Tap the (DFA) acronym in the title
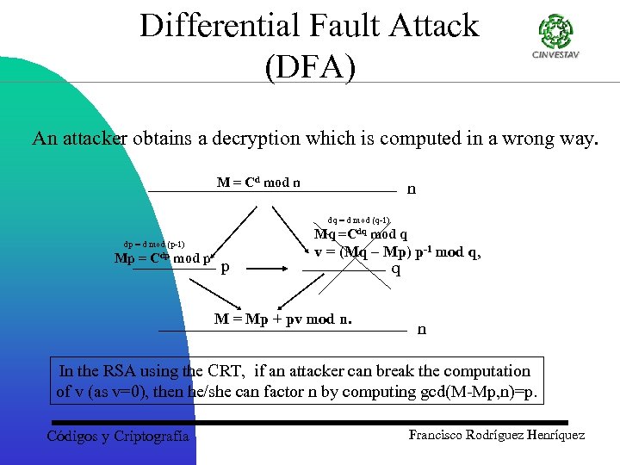pyautogui.click(x=310, y=67)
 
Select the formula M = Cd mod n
pyautogui.click(x=258, y=183)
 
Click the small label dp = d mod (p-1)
pyautogui.click(x=154, y=244)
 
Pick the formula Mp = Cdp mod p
pyautogui.click(x=164, y=258)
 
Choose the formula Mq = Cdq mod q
pyautogui.click(x=361, y=234)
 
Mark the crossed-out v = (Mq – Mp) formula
pyautogui.click(x=397, y=252)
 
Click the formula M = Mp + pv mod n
pyautogui.click(x=283, y=320)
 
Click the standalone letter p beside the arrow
pyautogui.click(x=226, y=268)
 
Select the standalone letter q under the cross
pyautogui.click(x=396, y=269)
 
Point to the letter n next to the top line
pyautogui.click(x=411, y=189)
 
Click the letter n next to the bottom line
pyautogui.click(x=421, y=328)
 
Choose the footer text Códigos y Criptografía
pyautogui.click(x=117, y=437)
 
